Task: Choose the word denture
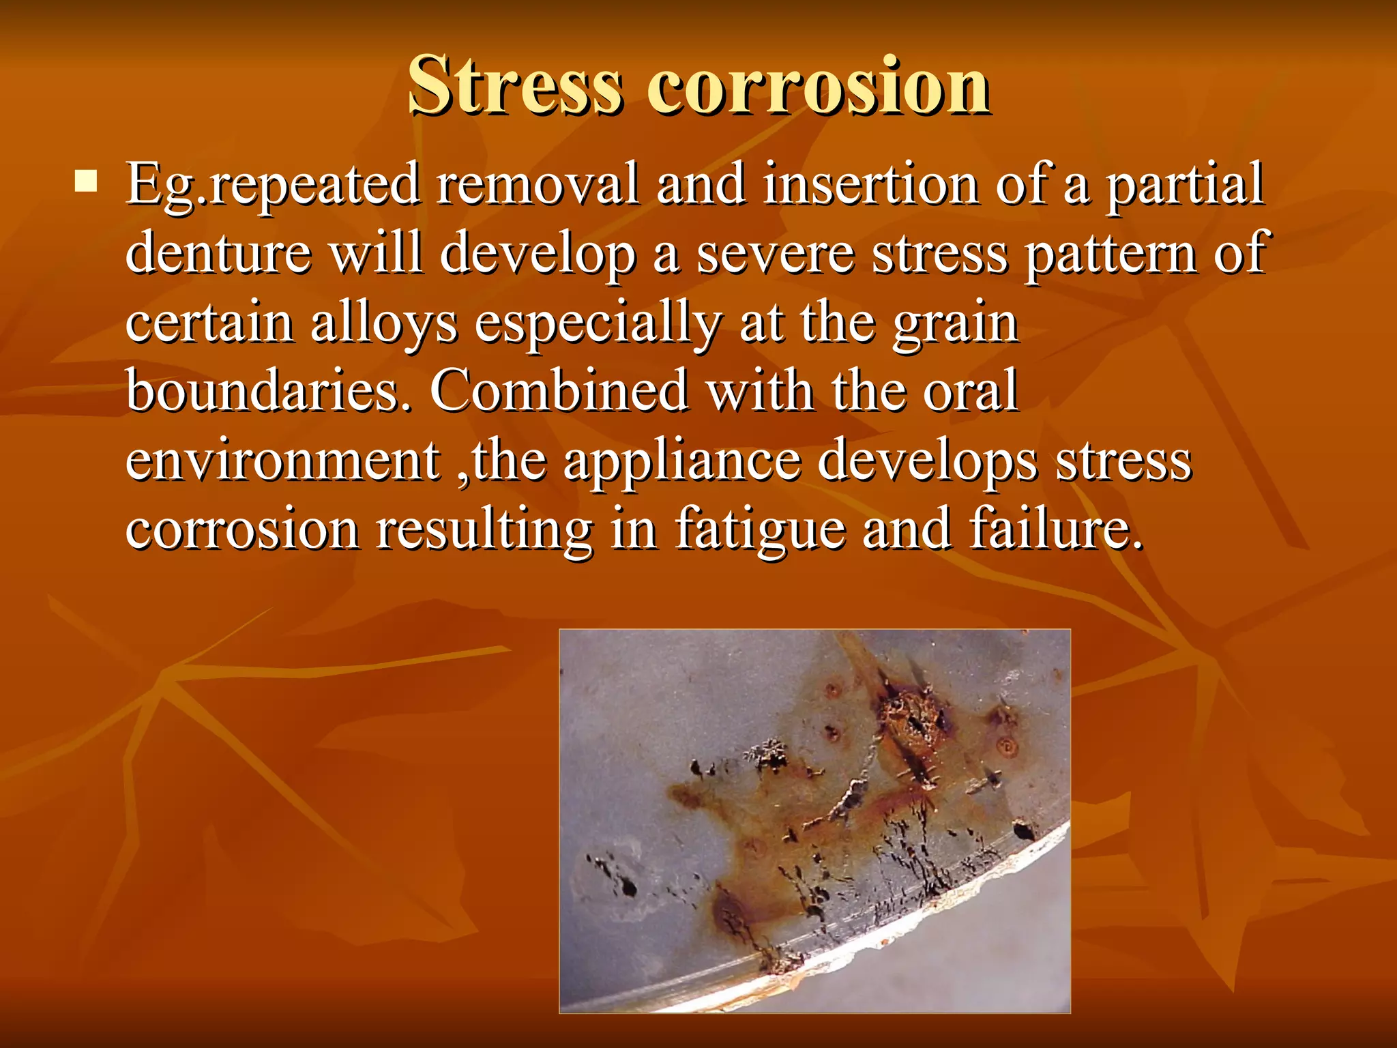tap(218, 252)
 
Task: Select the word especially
tap(598, 323)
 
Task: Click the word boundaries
tap(269, 390)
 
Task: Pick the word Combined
tap(559, 390)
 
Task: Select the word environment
tap(282, 461)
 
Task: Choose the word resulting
tap(484, 531)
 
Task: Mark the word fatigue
tap(760, 531)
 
